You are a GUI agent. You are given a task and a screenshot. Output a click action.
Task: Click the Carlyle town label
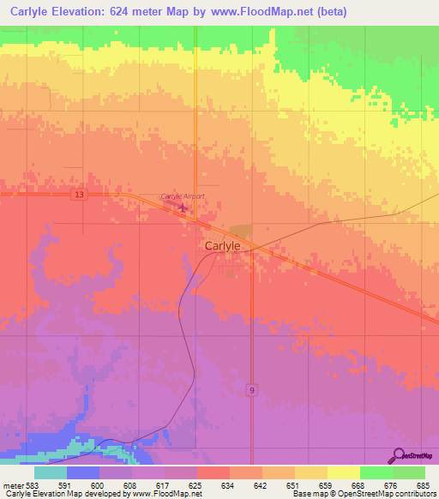tap(222, 245)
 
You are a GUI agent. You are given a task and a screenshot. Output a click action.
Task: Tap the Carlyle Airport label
tap(183, 196)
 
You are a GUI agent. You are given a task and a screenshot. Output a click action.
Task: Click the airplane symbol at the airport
tap(181, 207)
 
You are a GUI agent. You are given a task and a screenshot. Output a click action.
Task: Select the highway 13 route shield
tap(79, 195)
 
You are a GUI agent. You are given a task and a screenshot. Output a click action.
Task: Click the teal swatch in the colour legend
tap(50, 472)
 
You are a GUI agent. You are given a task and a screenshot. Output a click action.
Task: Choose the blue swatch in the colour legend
tap(82, 472)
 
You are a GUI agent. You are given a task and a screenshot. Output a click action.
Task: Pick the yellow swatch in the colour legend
tap(343, 472)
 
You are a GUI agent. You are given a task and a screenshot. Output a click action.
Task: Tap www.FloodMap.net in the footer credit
tap(163, 495)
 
